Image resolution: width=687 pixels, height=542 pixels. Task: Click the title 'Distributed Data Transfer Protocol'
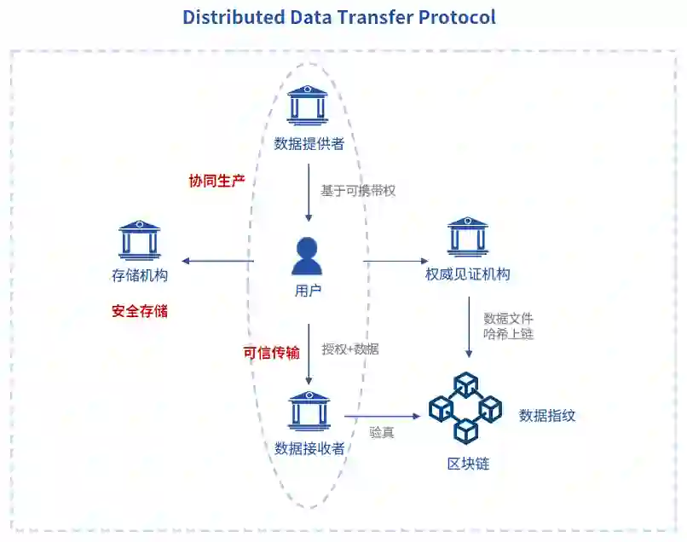pyautogui.click(x=338, y=17)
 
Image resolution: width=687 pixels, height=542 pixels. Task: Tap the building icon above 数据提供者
pyautogui.click(x=309, y=106)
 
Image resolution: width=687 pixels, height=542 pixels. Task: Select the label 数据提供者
pyautogui.click(x=309, y=144)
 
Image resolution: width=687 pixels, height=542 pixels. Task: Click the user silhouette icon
pyautogui.click(x=308, y=256)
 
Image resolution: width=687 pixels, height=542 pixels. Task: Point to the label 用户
pyautogui.click(x=308, y=291)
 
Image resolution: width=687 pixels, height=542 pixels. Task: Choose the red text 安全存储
pyautogui.click(x=140, y=311)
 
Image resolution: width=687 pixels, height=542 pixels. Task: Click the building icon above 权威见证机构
pyautogui.click(x=467, y=238)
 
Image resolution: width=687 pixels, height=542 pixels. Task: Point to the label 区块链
pyautogui.click(x=468, y=464)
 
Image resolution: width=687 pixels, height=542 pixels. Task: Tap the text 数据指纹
pyautogui.click(x=547, y=416)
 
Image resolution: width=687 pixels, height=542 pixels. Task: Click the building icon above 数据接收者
pyautogui.click(x=309, y=411)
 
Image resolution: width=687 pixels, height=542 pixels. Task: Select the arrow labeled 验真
pyautogui.click(x=383, y=417)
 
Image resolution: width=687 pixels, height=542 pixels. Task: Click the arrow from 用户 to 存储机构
pyautogui.click(x=218, y=261)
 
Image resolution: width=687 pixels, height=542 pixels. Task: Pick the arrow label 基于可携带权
pyautogui.click(x=358, y=191)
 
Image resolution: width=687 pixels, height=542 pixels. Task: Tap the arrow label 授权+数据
pyautogui.click(x=350, y=349)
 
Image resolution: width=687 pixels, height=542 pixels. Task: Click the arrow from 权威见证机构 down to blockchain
pyautogui.click(x=467, y=328)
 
